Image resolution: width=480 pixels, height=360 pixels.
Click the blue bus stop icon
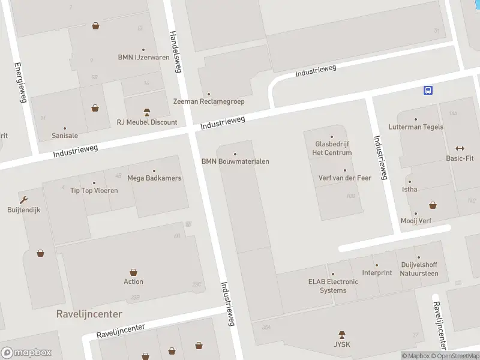pos(428,90)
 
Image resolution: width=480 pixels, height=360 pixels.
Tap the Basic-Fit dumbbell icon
pos(460,149)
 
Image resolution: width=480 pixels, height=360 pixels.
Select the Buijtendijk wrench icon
pos(23,200)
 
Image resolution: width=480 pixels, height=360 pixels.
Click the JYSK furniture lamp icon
pos(342,334)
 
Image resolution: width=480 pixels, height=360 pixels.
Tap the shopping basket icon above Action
pos(133,272)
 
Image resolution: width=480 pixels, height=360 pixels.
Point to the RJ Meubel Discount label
pos(147,122)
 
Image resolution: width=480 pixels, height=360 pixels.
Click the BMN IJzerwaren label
pos(143,58)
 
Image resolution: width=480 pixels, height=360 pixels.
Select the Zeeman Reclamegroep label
pos(209,101)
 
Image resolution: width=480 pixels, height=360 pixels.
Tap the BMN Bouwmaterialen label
pos(235,161)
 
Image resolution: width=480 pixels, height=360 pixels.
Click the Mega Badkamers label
pos(154,178)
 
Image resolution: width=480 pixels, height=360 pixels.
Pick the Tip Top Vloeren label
pos(94,191)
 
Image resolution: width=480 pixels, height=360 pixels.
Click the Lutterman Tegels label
pos(416,127)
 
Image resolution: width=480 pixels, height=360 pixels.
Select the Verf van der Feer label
pos(344,178)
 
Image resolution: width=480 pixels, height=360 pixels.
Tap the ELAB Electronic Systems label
pos(333,286)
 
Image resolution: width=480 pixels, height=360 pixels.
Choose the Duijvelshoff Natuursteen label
pos(419,269)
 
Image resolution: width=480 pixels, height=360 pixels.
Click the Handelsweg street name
pos(175,52)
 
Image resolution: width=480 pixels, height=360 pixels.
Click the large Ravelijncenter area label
pos(89,314)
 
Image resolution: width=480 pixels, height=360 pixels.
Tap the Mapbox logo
pos(26,353)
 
